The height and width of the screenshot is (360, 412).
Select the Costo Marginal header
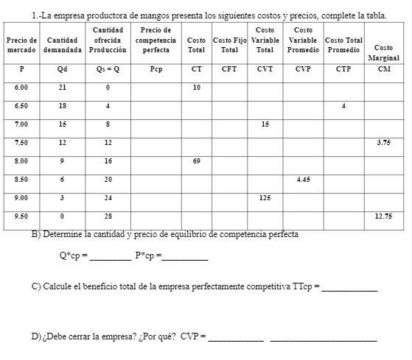[383, 53]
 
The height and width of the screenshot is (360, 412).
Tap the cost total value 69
[197, 160]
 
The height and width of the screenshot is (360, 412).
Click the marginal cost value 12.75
[383, 216]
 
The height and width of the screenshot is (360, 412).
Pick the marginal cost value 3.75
[383, 141]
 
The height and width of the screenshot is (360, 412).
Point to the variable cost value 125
[264, 197]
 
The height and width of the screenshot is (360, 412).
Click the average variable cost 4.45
[302, 179]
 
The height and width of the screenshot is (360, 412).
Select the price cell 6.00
[21, 87]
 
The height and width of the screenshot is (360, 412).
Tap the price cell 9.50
[21, 216]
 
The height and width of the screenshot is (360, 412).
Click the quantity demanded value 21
[63, 87]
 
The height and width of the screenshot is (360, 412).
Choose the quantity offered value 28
[108, 216]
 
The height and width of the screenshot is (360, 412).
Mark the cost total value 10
[197, 87]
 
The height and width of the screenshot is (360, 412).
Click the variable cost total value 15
[264, 124]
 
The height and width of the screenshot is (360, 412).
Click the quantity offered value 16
[108, 160]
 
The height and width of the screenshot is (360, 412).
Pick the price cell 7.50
[21, 141]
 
